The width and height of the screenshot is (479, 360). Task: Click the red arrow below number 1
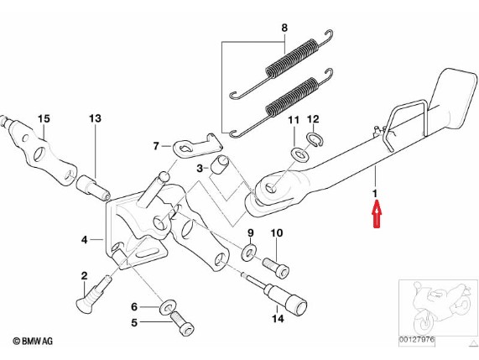coord(377,214)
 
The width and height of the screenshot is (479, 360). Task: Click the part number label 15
coord(44,118)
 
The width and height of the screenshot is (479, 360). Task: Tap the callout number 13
coord(95,118)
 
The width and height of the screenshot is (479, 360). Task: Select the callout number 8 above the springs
coord(284,29)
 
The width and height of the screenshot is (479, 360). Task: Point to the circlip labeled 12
coord(315,139)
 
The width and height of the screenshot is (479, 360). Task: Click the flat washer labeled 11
coord(300,154)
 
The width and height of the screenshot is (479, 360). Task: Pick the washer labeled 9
coord(250,252)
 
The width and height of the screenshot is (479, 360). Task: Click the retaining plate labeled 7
coord(197,145)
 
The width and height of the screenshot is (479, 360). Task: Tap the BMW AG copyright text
coord(33,341)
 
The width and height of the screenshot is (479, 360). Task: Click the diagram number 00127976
coord(416,340)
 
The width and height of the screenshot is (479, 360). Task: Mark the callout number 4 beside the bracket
coord(85,240)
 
